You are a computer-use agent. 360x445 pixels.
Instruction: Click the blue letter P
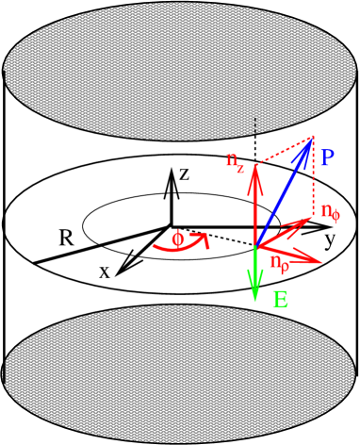pos(326,157)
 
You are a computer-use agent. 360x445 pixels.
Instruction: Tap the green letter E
pos(280,301)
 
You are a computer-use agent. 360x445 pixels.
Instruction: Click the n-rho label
pos(279,263)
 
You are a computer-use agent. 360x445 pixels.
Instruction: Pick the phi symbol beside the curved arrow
pos(177,239)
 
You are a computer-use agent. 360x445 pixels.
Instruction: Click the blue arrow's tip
pos(312,139)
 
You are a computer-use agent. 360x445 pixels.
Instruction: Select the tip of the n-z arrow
pos(254,167)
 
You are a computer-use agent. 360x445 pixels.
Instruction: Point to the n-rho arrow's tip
pos(322,260)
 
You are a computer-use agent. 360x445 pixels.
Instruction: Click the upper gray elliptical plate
pos(179,72)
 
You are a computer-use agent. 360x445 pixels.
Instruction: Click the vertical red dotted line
pos(312,179)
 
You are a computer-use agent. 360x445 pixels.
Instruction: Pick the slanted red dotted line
pos(283,152)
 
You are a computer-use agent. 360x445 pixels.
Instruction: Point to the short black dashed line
pos(254,124)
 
